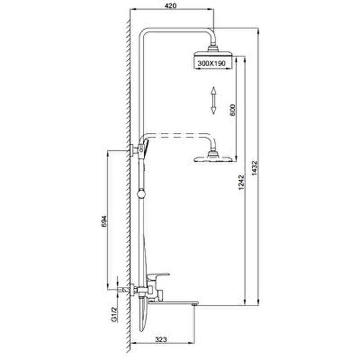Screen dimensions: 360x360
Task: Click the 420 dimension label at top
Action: (x=171, y=6)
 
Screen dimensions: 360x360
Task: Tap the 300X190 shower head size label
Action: (x=211, y=63)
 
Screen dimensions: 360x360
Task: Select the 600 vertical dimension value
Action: (x=233, y=110)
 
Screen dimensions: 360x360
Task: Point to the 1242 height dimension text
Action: (x=241, y=183)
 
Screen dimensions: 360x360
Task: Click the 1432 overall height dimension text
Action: (x=255, y=168)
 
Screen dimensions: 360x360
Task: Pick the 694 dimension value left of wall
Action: (x=104, y=221)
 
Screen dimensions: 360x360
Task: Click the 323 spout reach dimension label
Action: (x=161, y=339)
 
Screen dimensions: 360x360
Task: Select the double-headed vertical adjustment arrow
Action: (x=213, y=100)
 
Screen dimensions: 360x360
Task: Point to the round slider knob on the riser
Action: (x=141, y=194)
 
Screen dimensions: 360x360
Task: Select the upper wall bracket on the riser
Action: (x=134, y=150)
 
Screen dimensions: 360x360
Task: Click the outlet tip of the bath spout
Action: (x=195, y=304)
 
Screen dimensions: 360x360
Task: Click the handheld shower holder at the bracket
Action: (x=143, y=149)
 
